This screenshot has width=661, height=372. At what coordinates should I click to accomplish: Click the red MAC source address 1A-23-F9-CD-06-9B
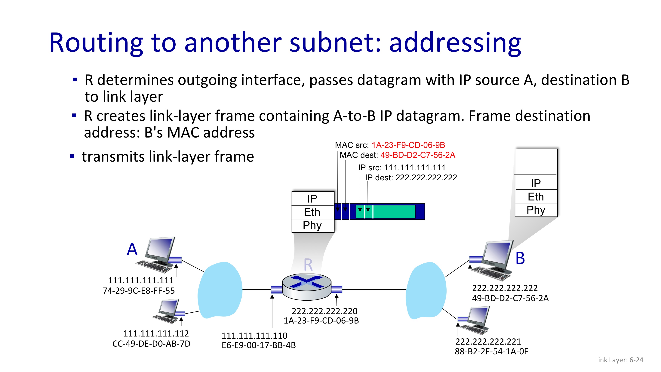tap(408, 145)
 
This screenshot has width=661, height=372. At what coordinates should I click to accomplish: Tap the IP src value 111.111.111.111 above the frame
tap(414, 168)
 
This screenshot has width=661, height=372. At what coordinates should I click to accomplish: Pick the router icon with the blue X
tap(307, 287)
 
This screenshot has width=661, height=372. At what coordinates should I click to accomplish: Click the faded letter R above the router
tap(308, 265)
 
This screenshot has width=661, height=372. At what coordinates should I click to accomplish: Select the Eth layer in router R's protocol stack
tap(312, 212)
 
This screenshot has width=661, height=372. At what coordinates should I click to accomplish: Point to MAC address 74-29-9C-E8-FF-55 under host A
tap(139, 291)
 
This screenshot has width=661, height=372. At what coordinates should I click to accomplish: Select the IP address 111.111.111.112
tap(156, 333)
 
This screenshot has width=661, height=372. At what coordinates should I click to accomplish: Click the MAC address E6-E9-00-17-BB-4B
tap(259, 345)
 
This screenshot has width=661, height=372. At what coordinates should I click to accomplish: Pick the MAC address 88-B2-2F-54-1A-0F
tap(491, 352)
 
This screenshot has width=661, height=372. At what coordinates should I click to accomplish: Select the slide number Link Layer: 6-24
tap(619, 360)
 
